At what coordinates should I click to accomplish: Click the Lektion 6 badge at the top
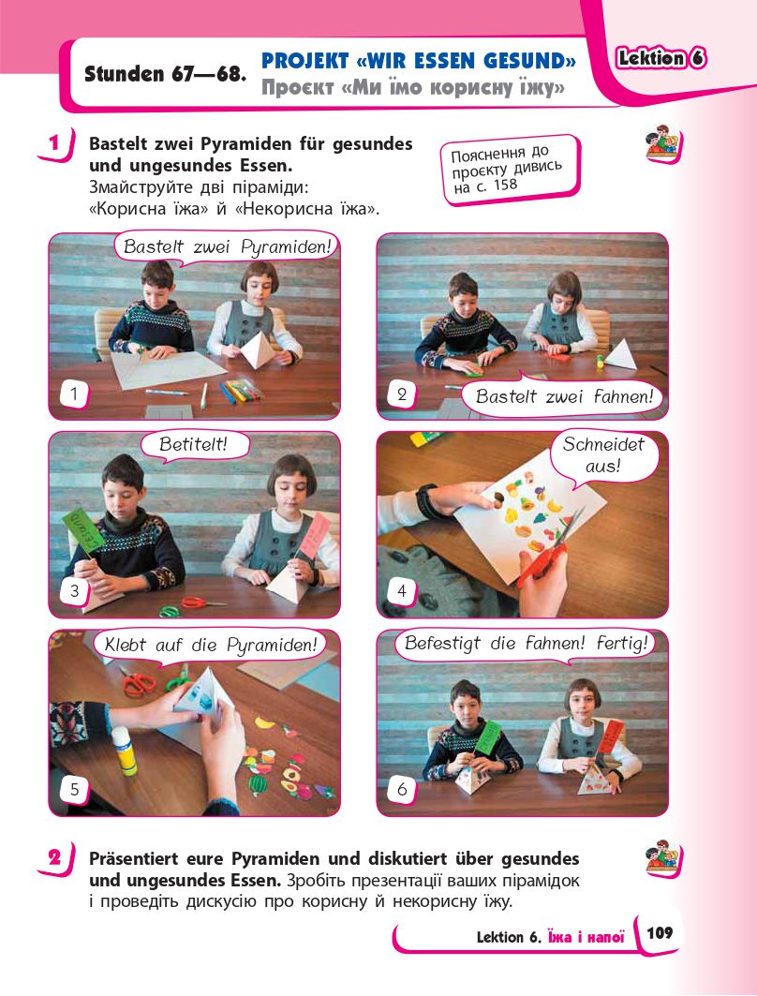click(661, 58)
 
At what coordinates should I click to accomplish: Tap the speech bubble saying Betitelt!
click(193, 444)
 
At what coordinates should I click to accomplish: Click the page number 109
click(660, 932)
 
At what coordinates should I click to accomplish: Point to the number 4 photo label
click(401, 591)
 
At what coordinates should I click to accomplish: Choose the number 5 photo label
click(74, 790)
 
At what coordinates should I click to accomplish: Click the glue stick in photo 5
click(124, 751)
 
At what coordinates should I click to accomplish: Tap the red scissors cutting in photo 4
click(547, 551)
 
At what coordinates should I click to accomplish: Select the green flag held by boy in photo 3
click(82, 531)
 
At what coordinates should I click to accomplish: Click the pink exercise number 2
click(54, 859)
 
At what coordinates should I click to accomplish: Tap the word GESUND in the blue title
click(524, 61)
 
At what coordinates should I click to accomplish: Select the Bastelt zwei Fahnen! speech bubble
click(563, 395)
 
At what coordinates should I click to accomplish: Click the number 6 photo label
click(401, 790)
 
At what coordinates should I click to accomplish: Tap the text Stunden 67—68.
click(165, 74)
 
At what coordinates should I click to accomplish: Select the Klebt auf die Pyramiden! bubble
click(210, 646)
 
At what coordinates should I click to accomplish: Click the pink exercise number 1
click(54, 143)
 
